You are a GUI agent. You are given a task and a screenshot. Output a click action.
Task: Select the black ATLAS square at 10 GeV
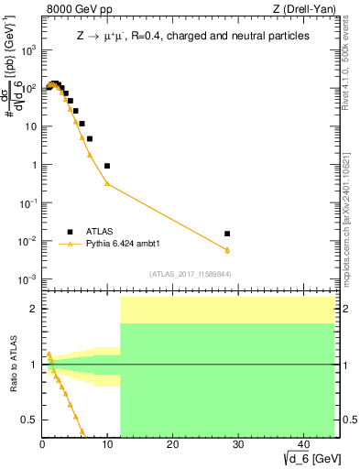point(107,166)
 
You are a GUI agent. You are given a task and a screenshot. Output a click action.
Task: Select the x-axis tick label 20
point(171,444)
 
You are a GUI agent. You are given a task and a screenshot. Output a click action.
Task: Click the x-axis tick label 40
point(301,444)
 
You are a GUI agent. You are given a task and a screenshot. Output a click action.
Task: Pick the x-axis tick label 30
point(236,444)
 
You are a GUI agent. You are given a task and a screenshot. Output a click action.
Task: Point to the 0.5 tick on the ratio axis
point(29,420)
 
